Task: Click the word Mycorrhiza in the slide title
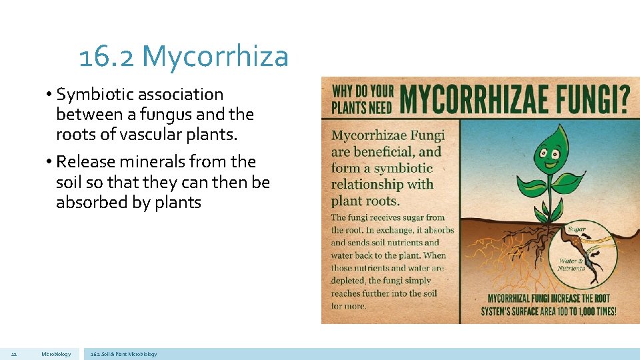(215, 57)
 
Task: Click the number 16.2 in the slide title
(107, 57)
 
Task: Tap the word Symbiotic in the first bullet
(97, 95)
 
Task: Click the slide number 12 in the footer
(14, 354)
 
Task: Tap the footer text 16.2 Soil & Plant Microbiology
(124, 354)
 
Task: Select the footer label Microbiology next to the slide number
(55, 354)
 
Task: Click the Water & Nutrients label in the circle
(572, 264)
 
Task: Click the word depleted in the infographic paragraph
(348, 281)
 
